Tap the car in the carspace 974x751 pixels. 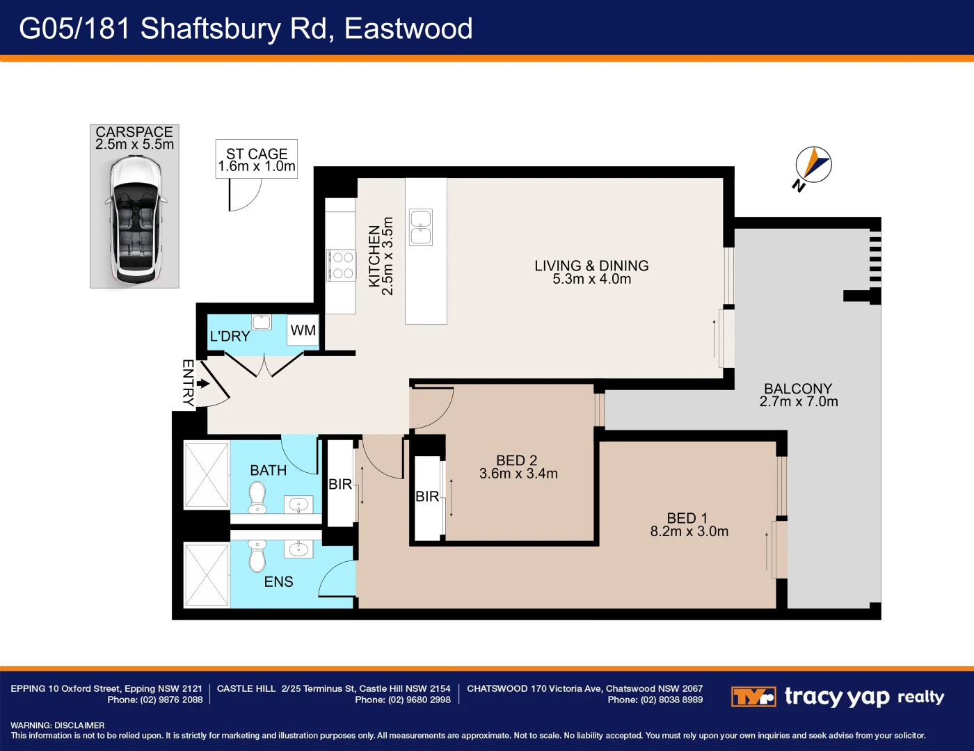click(x=135, y=219)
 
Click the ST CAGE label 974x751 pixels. click(x=257, y=154)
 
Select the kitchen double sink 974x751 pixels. click(x=421, y=227)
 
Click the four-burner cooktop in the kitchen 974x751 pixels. click(x=342, y=265)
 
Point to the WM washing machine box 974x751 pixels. click(x=303, y=330)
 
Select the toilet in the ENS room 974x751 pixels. click(x=257, y=554)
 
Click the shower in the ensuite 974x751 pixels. click(x=206, y=574)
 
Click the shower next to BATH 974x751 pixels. click(x=206, y=475)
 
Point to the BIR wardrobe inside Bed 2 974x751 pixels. click(x=427, y=496)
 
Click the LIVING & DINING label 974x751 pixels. click(x=591, y=266)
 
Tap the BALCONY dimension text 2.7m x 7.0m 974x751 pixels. click(x=799, y=402)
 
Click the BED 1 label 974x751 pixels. click(x=687, y=518)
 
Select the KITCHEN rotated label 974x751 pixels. click(x=374, y=256)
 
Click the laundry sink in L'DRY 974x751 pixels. click(x=262, y=321)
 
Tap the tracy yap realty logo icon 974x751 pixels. click(x=753, y=696)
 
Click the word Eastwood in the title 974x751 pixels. click(x=408, y=29)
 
